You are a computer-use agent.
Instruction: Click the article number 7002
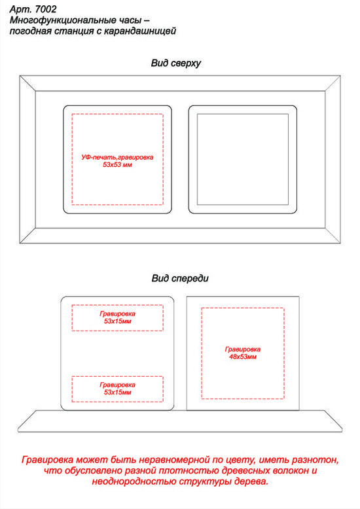pos(45,9)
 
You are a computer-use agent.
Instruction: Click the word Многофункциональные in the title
pos(58,20)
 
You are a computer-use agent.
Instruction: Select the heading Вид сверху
pos(176,63)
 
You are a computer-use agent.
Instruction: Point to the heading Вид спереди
pos(180,279)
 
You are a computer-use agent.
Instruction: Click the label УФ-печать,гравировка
pos(117,158)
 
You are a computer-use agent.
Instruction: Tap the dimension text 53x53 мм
pos(117,165)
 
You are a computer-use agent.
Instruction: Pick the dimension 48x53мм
pos(243,357)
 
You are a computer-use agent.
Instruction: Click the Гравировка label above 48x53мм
pos(243,349)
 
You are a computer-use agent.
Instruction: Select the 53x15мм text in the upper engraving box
pos(118,321)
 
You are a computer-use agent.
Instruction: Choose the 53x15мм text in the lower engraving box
pos(118,392)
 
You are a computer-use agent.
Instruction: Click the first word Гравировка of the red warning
pos(47,461)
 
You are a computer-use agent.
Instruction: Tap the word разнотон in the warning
pos(315,461)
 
